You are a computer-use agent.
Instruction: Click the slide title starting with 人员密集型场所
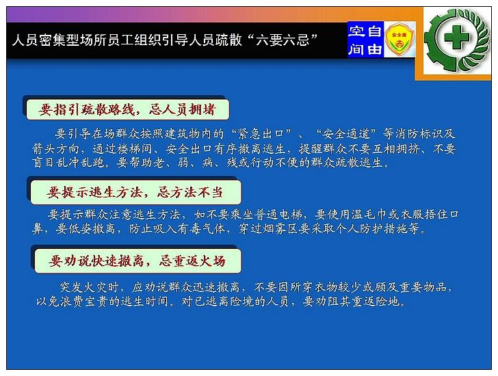point(165,40)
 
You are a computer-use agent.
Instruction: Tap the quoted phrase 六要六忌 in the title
point(283,40)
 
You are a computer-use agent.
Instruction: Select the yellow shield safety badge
point(399,40)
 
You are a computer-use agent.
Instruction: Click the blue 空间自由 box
point(365,40)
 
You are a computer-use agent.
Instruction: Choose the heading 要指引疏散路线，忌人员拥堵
point(127,110)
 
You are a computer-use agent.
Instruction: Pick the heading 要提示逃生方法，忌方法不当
point(135,192)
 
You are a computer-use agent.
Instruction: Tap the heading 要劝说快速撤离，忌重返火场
point(137,261)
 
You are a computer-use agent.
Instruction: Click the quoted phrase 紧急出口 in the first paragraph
point(261,134)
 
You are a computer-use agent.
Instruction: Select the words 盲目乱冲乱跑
point(68,163)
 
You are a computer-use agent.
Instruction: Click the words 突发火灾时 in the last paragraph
point(89,288)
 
